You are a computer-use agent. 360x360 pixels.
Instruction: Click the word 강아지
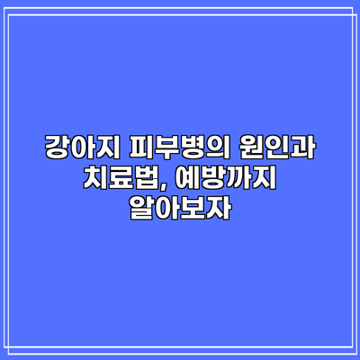pyautogui.click(x=83, y=148)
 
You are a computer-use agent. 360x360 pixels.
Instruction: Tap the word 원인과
pyautogui.click(x=276, y=148)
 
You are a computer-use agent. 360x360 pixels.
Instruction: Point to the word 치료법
pyautogui.click(x=121, y=179)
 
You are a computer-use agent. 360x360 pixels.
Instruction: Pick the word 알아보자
pyautogui.click(x=180, y=210)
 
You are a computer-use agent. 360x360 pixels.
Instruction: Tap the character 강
pyautogui.click(x=58, y=148)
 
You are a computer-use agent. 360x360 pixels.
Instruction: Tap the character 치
pyautogui.click(x=95, y=179)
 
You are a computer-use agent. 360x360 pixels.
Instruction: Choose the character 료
pyautogui.click(x=121, y=179)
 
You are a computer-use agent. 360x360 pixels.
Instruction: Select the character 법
pyautogui.click(x=147, y=179)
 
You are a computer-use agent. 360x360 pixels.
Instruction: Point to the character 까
pyautogui.click(x=238, y=179)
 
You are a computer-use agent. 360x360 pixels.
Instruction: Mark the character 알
pyautogui.click(x=142, y=210)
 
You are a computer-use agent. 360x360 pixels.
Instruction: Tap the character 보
pyautogui.click(x=193, y=210)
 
